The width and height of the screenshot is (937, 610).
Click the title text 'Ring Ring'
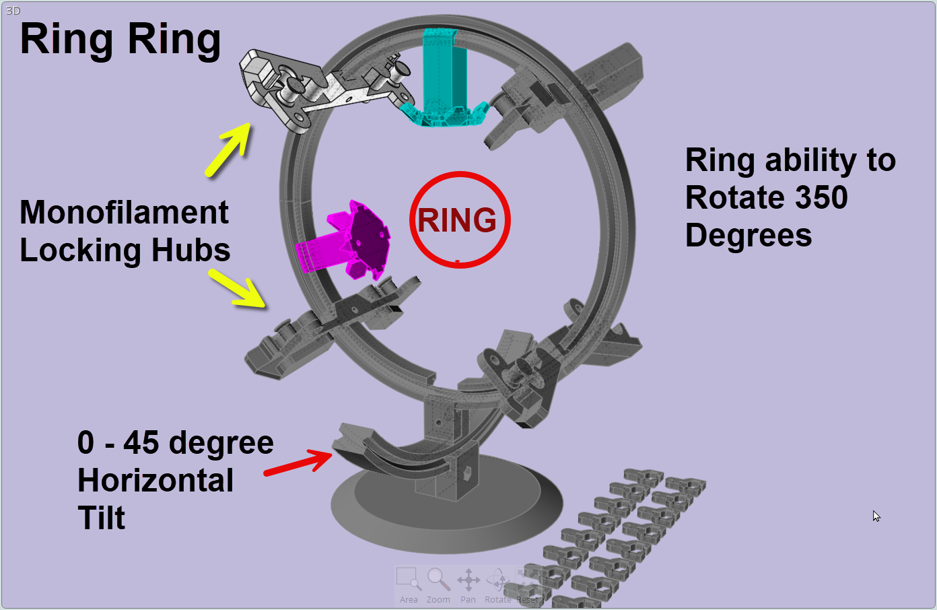pos(120,39)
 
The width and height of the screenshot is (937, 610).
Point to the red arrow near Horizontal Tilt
pos(298,463)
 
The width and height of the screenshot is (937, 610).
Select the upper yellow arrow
pos(228,150)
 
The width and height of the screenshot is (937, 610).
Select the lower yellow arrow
pos(238,289)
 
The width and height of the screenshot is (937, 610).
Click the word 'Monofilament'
pos(125,213)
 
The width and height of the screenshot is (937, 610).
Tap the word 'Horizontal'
pos(155,481)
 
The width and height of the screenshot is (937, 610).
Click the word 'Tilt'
pos(102,518)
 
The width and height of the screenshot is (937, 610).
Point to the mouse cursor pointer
pos(876,516)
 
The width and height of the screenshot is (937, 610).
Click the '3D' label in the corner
pos(13,11)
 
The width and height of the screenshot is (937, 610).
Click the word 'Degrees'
pos(749,236)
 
